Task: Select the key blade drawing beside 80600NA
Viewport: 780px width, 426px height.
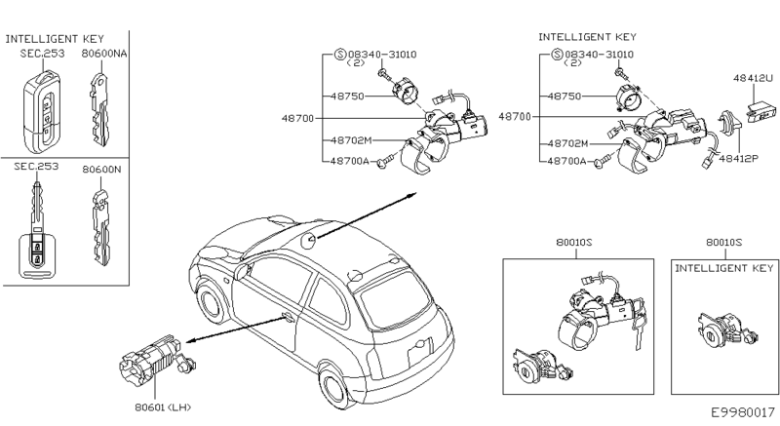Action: [x=101, y=106]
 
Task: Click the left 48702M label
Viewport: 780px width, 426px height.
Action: [x=349, y=140]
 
